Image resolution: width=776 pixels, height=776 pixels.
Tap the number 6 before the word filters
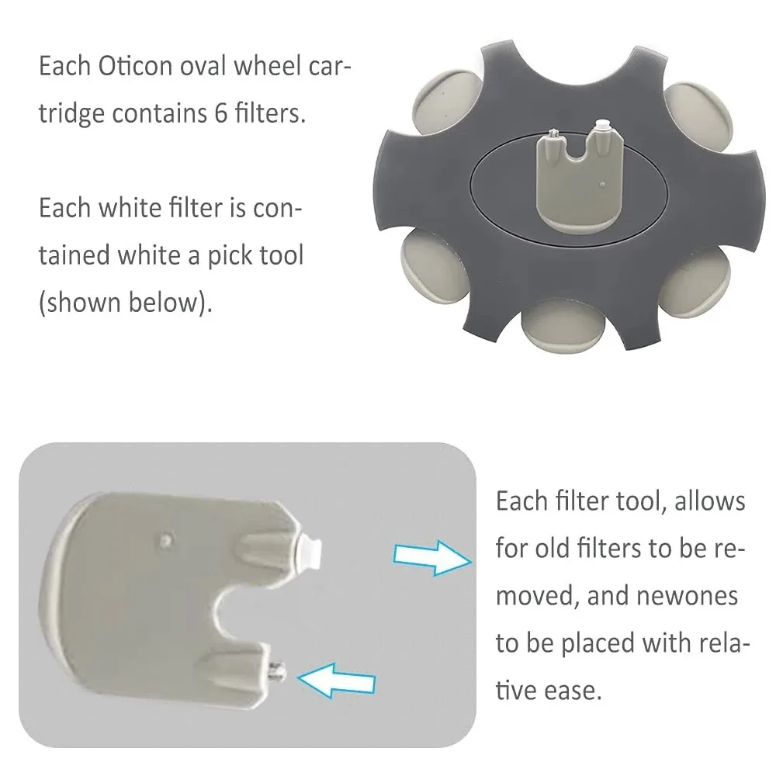[220, 113]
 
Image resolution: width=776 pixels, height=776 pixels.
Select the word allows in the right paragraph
[710, 501]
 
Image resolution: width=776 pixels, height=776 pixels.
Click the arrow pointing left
[337, 681]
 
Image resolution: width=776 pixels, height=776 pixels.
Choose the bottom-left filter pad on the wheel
[435, 256]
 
